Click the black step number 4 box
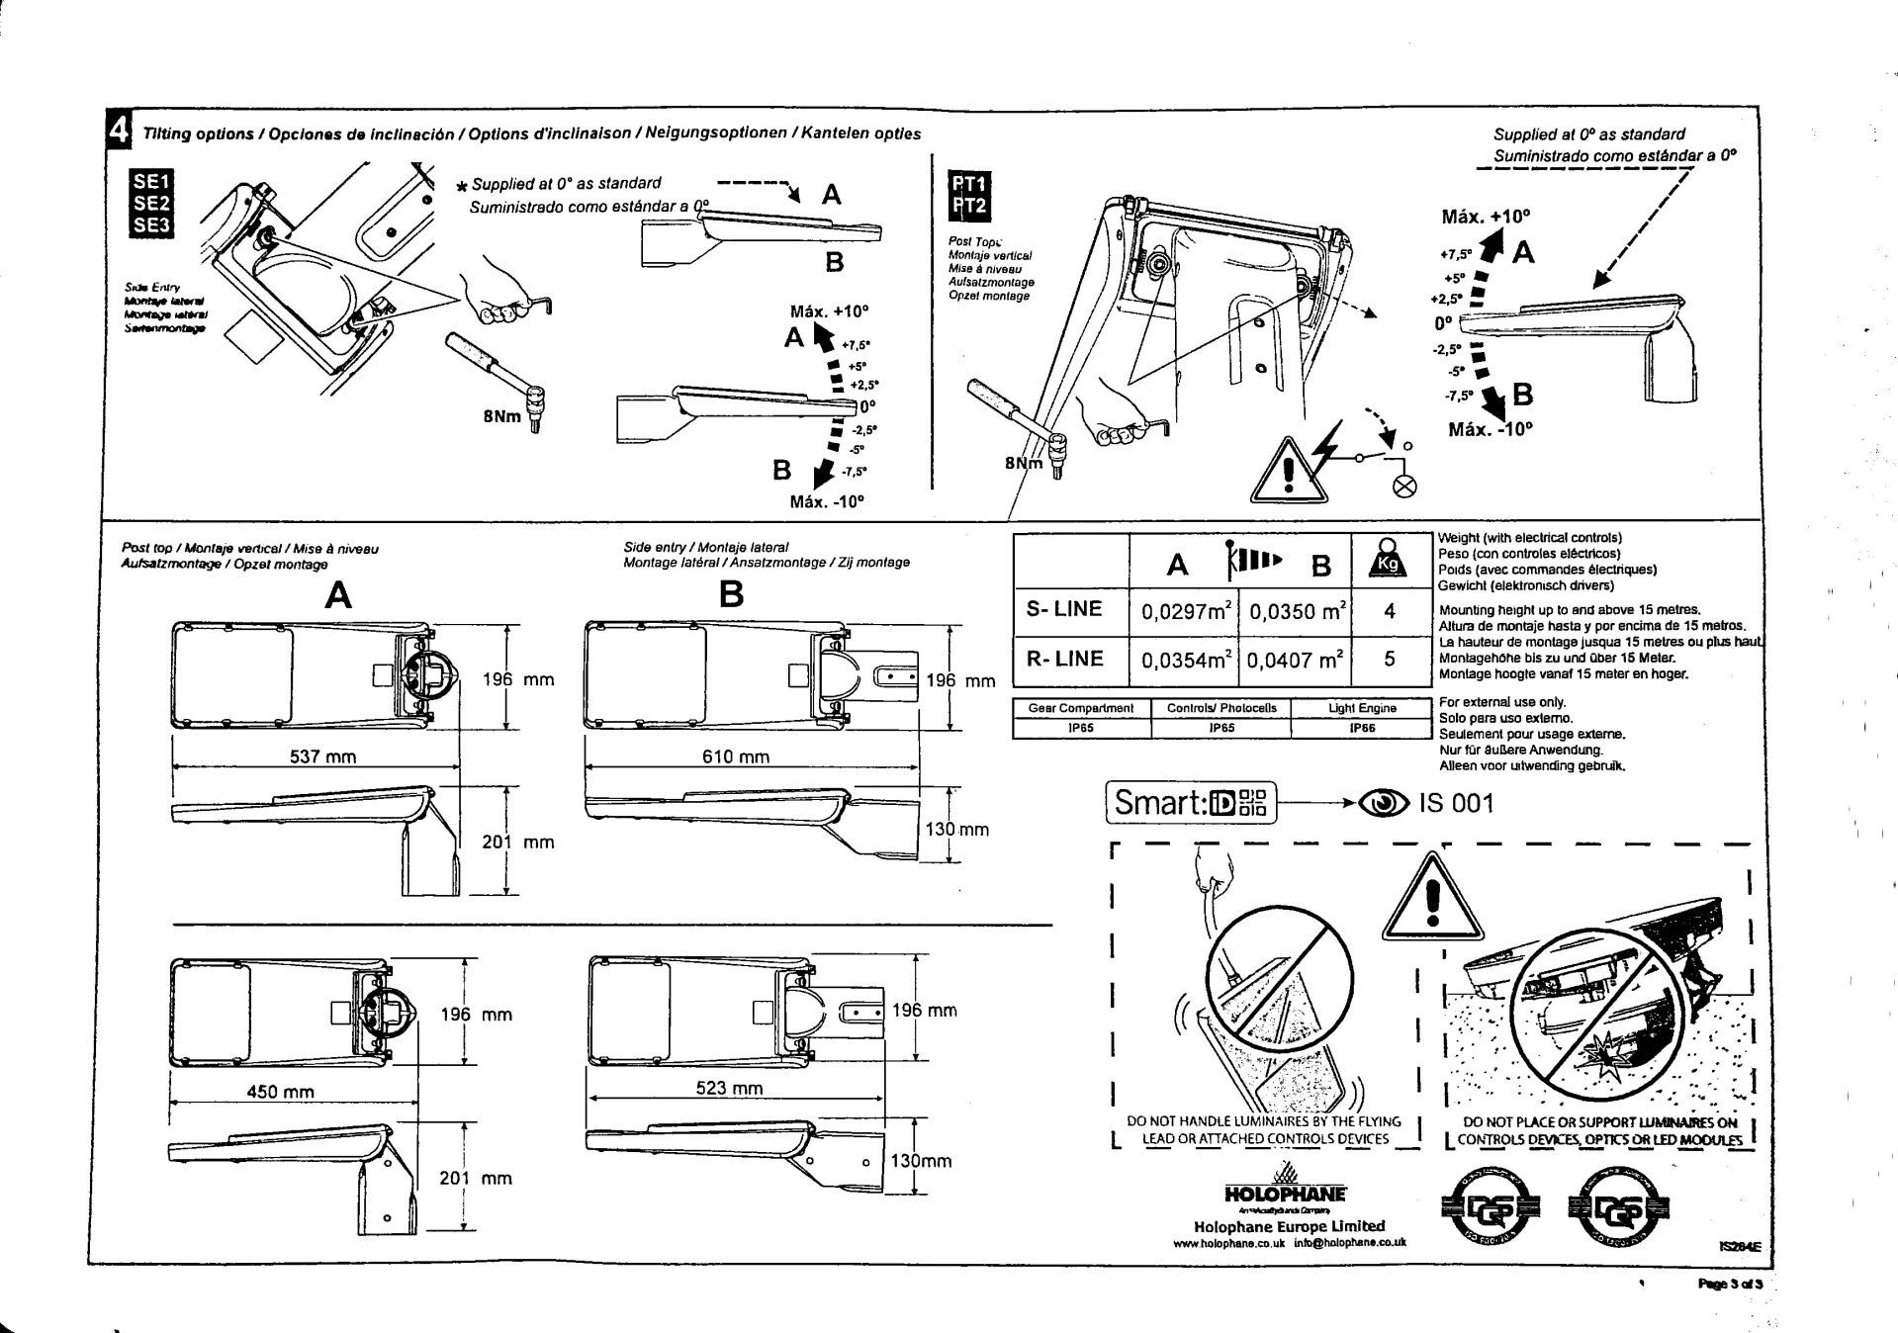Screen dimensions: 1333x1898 coord(118,131)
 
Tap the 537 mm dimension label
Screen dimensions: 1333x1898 coord(322,756)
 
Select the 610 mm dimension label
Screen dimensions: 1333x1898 coord(735,756)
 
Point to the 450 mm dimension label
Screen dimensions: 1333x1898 coord(280,1092)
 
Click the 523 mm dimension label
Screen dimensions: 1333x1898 coord(729,1088)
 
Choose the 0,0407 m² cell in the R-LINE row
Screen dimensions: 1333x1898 coord(1295,660)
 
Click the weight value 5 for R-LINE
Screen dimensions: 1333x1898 coord(1390,660)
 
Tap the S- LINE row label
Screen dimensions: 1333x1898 coord(1064,609)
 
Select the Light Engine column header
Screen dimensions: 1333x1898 coord(1361,708)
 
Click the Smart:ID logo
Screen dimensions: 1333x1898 coord(1191,802)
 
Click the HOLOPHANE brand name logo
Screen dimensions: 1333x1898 coord(1285,1195)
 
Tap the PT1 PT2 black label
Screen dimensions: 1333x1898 coord(969,195)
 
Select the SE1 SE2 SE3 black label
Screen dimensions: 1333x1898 coord(151,203)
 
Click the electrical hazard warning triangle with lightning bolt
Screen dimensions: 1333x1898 coord(1288,472)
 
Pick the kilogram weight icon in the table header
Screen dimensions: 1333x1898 coord(1389,562)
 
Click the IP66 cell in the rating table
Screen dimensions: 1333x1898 coord(1361,728)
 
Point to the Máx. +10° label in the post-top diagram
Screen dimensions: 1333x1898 coord(1486,217)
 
